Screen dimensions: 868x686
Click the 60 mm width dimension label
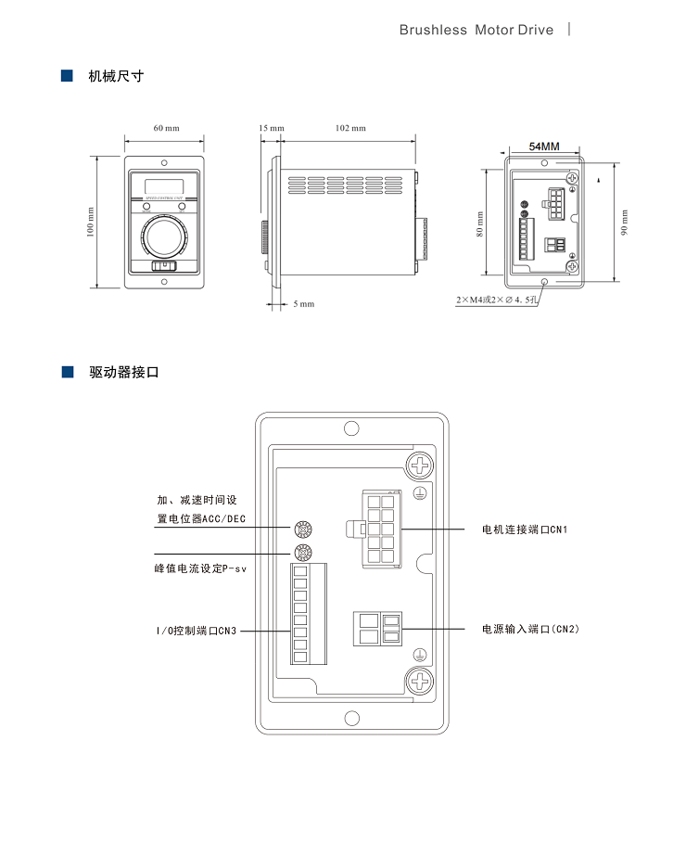tap(166, 128)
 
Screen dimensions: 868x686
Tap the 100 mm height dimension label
tap(92, 222)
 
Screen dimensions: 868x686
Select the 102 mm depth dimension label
tap(350, 128)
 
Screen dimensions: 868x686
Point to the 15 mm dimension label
tap(272, 128)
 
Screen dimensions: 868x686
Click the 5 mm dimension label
tap(304, 304)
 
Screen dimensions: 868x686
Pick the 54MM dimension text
tap(544, 147)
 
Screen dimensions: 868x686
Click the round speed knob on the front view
tap(165, 237)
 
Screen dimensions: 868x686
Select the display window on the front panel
tap(165, 182)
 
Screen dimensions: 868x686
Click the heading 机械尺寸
tap(116, 76)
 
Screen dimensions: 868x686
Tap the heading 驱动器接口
tap(124, 373)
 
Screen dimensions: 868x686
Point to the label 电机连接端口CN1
tap(524, 530)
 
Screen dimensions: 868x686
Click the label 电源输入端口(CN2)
tap(530, 629)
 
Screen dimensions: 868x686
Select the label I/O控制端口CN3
tap(197, 631)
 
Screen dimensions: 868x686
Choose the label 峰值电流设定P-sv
tap(200, 568)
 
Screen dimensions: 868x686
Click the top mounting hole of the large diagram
tap(351, 429)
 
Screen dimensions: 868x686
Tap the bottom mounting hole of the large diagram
tap(351, 718)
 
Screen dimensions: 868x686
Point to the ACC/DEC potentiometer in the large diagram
tap(302, 530)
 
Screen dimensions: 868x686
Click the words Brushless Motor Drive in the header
tap(476, 30)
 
